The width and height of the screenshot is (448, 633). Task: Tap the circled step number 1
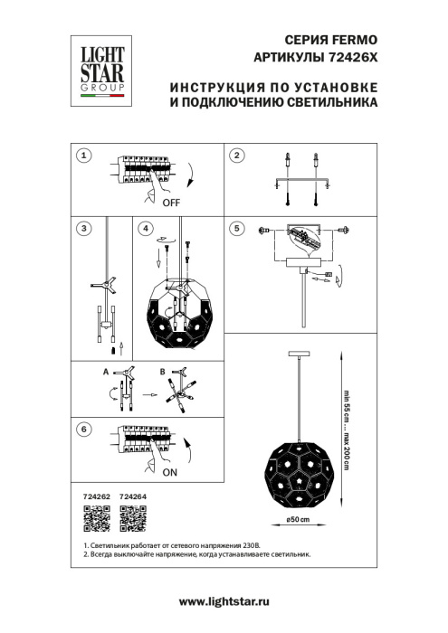84,156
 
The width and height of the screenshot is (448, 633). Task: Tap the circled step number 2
236,156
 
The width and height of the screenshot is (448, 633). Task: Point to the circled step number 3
84,229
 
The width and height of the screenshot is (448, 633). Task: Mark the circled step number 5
236,229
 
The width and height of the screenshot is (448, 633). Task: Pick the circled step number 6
84,430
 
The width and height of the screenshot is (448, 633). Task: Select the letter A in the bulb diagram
106,371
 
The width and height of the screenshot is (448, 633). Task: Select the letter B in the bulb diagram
161,371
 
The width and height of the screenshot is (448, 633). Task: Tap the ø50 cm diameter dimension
299,521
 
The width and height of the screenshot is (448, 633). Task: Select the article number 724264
133,497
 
